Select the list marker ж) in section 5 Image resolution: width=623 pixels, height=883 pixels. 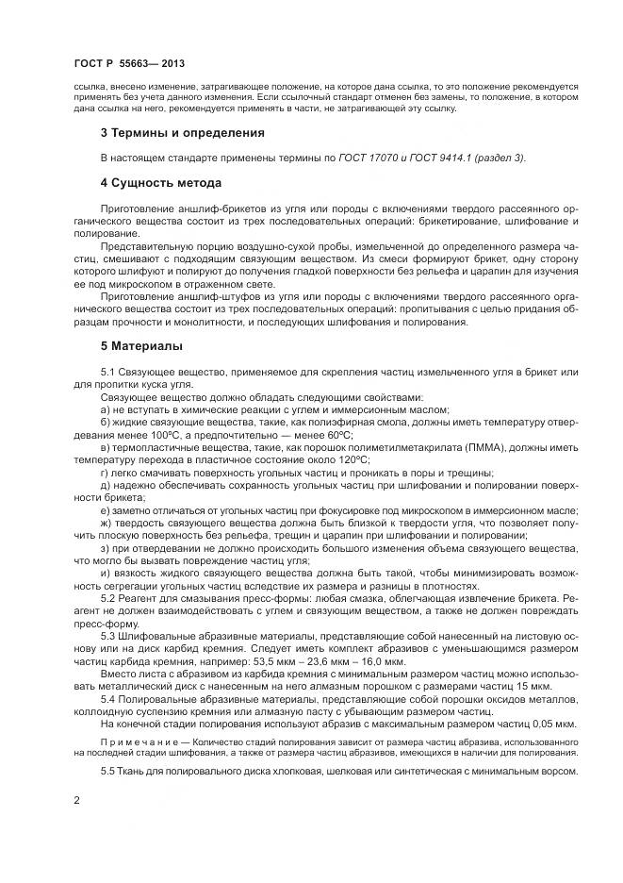(x=106, y=522)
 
